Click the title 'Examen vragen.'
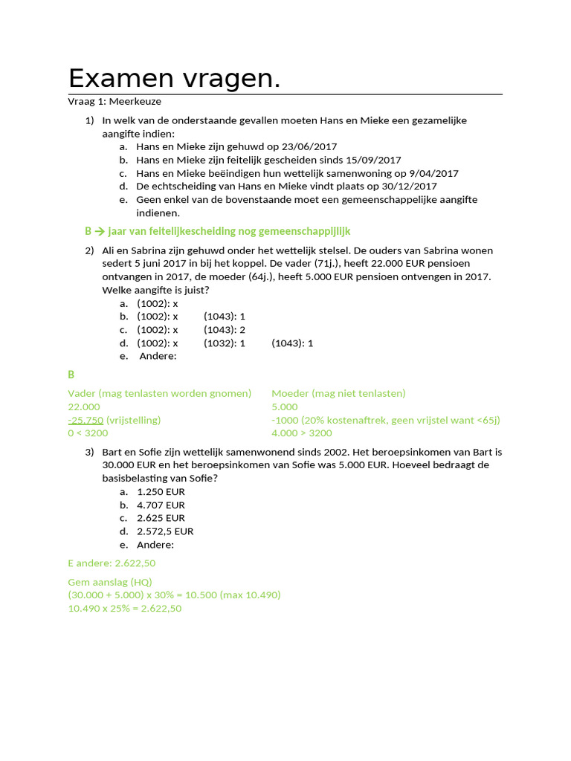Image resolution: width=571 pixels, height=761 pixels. [x=174, y=78]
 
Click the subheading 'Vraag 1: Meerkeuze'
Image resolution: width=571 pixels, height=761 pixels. [x=114, y=101]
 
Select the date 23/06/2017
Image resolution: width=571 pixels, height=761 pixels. [x=310, y=146]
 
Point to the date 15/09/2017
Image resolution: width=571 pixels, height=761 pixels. [x=373, y=160]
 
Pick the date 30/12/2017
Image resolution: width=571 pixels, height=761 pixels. [x=409, y=187]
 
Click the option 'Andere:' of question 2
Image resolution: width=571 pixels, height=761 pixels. [x=158, y=356]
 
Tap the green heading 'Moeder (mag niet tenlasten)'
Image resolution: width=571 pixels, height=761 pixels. [x=338, y=393]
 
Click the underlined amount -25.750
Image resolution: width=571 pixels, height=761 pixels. [x=86, y=420]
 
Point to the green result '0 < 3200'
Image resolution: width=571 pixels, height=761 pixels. [x=88, y=433]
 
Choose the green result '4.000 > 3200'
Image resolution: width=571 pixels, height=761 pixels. [x=302, y=433]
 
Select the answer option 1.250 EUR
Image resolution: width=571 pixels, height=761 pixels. [x=161, y=491]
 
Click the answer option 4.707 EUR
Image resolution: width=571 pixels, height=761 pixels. [x=161, y=505]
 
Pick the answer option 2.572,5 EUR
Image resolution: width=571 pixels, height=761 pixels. [x=165, y=531]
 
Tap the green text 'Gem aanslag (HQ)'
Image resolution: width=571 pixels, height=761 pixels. [x=110, y=582]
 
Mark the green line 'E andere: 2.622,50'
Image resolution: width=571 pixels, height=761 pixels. [x=112, y=564]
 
